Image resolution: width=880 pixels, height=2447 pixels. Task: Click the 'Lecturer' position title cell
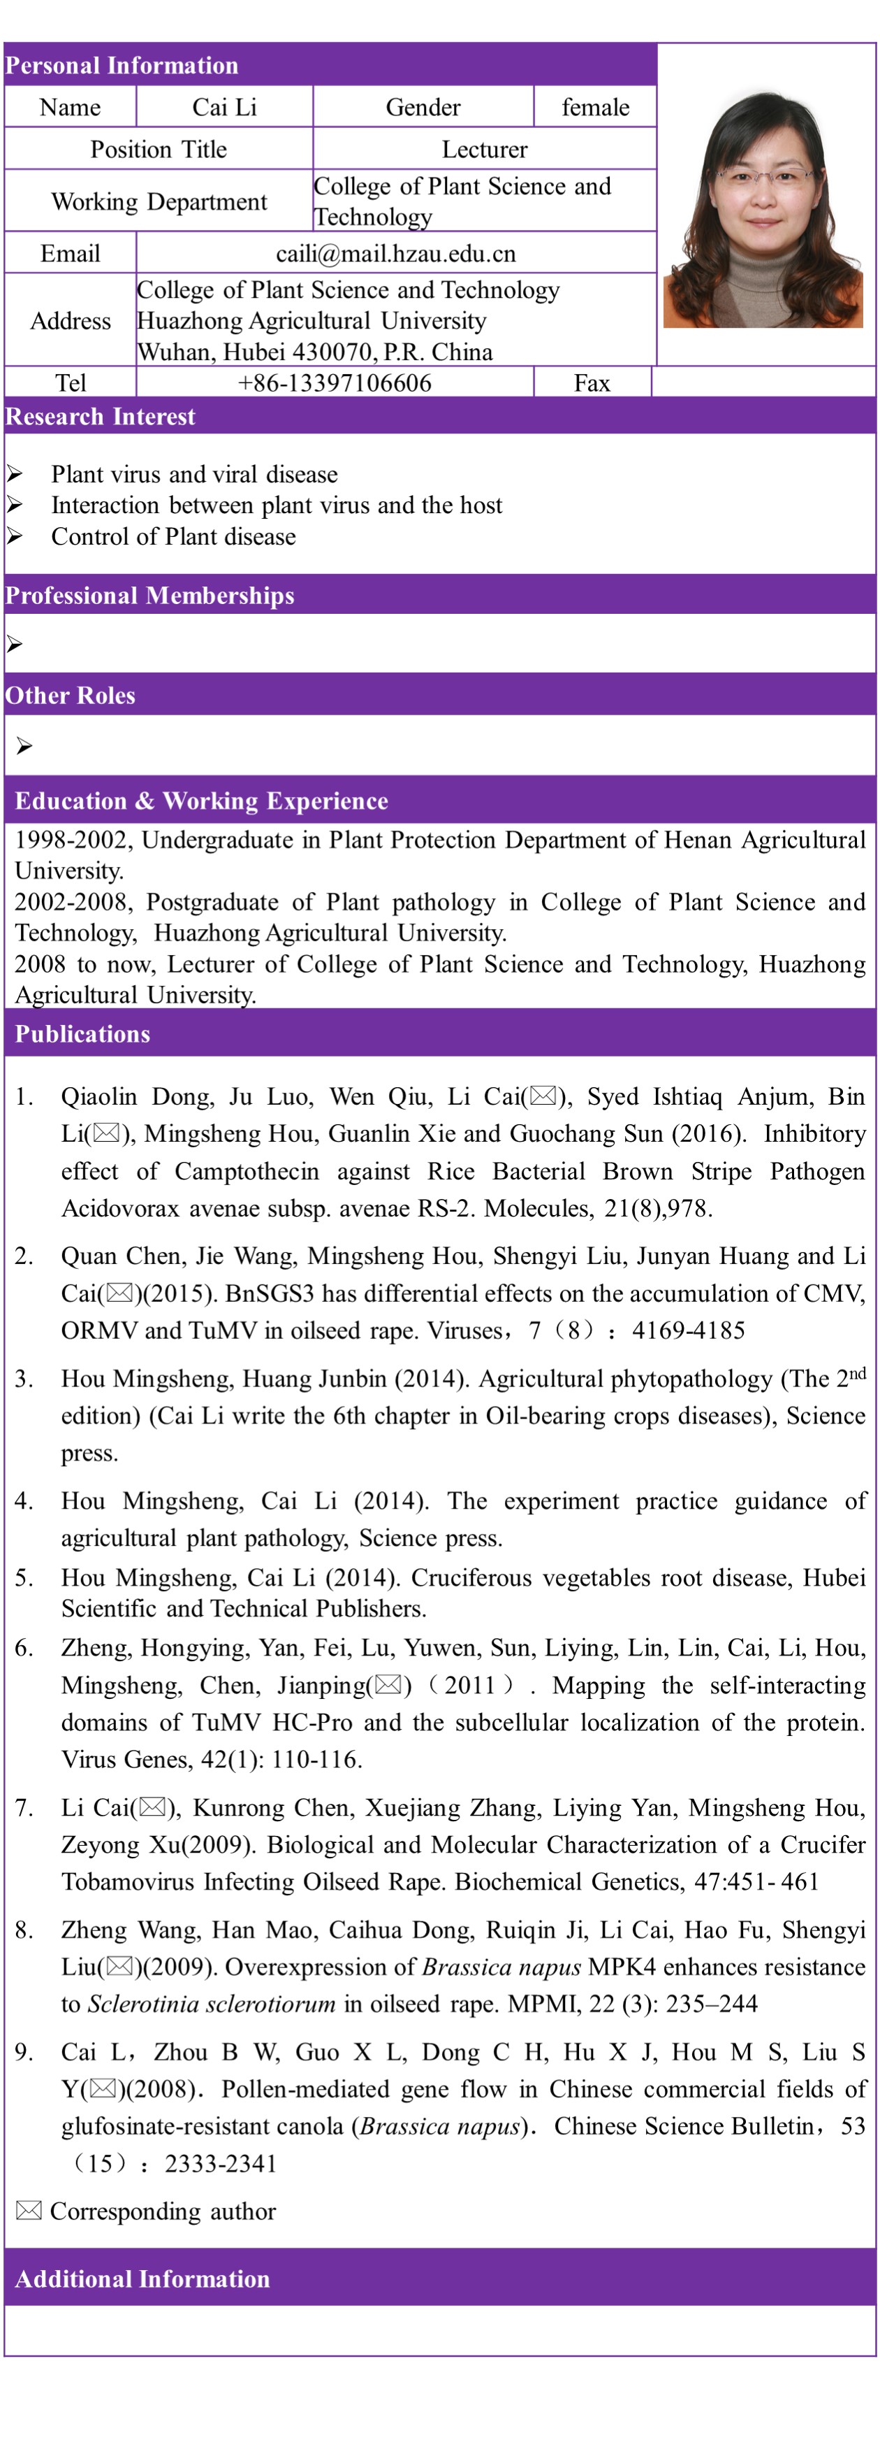(484, 149)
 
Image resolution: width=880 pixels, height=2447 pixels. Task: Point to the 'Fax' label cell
(592, 383)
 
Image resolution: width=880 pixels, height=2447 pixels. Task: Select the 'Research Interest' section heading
(101, 416)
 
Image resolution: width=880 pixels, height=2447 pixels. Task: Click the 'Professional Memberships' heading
(150, 596)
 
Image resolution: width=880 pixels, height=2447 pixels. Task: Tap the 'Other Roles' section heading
(71, 696)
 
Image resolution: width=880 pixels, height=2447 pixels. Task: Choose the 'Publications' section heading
(82, 1033)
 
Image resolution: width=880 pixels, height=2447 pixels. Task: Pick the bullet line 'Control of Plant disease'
(174, 537)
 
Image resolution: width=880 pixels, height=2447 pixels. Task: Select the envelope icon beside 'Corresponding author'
(29, 2211)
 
